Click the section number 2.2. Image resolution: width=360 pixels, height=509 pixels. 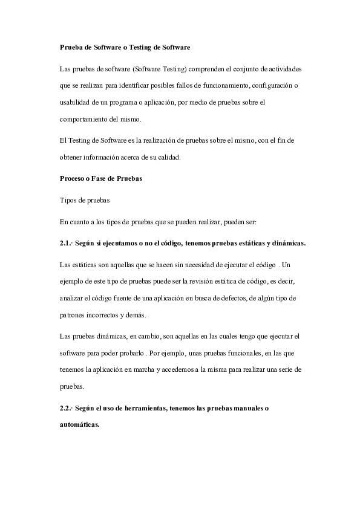(66, 409)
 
